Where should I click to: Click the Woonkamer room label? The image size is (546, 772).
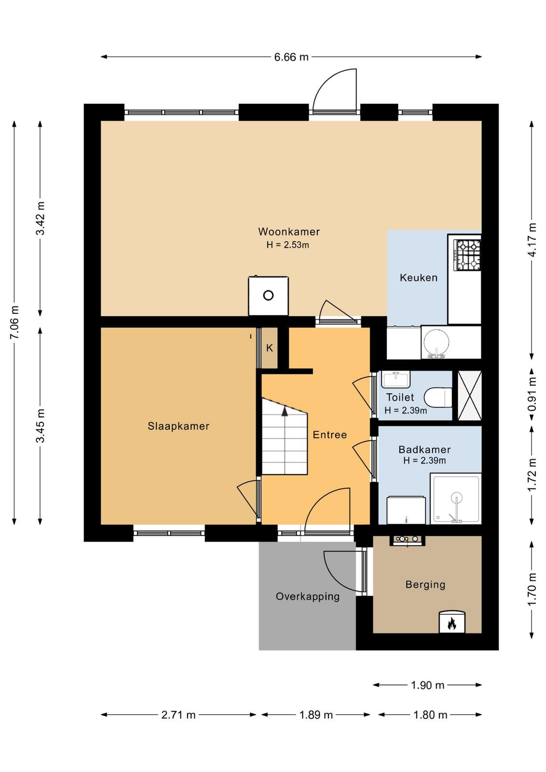click(x=288, y=231)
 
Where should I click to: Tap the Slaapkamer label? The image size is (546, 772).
click(x=178, y=426)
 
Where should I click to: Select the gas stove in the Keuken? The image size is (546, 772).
click(x=467, y=255)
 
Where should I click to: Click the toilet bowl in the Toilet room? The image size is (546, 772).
click(x=437, y=398)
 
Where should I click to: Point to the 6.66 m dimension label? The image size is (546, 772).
click(x=291, y=57)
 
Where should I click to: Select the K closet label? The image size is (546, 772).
click(x=269, y=348)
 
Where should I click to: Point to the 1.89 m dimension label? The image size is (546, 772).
click(x=316, y=715)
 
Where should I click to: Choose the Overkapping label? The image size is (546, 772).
click(x=308, y=596)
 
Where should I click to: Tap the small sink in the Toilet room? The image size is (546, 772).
click(x=396, y=379)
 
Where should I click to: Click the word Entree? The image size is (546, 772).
click(x=329, y=435)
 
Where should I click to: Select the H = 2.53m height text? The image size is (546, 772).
click(x=287, y=245)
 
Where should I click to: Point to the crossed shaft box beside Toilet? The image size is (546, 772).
click(x=469, y=395)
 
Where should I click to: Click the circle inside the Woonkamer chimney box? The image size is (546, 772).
click(x=268, y=295)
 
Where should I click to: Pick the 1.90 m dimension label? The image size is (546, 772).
click(x=427, y=685)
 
